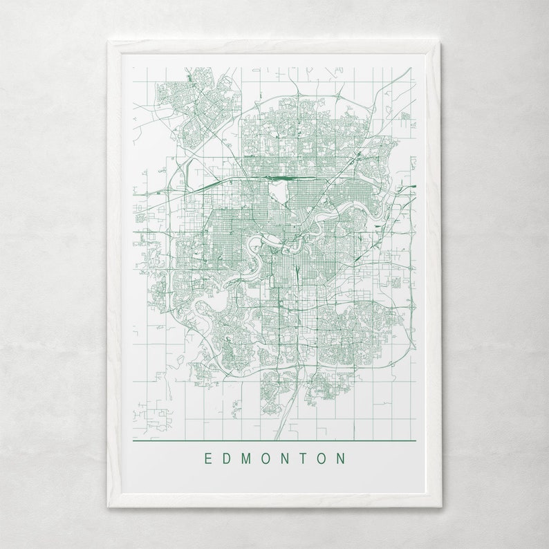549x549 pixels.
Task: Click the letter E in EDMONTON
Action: tap(207, 458)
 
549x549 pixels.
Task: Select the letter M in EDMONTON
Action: tap(246, 458)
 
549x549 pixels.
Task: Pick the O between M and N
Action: tap(266, 458)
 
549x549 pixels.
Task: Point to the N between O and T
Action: tap(286, 458)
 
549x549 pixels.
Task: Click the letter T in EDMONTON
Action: tap(304, 458)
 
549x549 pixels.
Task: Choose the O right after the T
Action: tap(322, 458)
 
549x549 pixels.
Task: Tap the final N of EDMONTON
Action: tap(342, 458)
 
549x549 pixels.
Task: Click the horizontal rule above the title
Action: tap(274, 440)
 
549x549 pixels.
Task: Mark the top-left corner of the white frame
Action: tap(109, 42)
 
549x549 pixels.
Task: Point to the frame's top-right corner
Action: tap(440, 42)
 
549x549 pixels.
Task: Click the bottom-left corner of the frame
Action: tap(109, 507)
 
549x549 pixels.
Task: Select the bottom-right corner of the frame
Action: tap(440, 507)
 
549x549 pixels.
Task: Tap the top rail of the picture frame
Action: tap(274, 47)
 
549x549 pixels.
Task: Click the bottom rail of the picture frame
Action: tap(274, 502)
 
